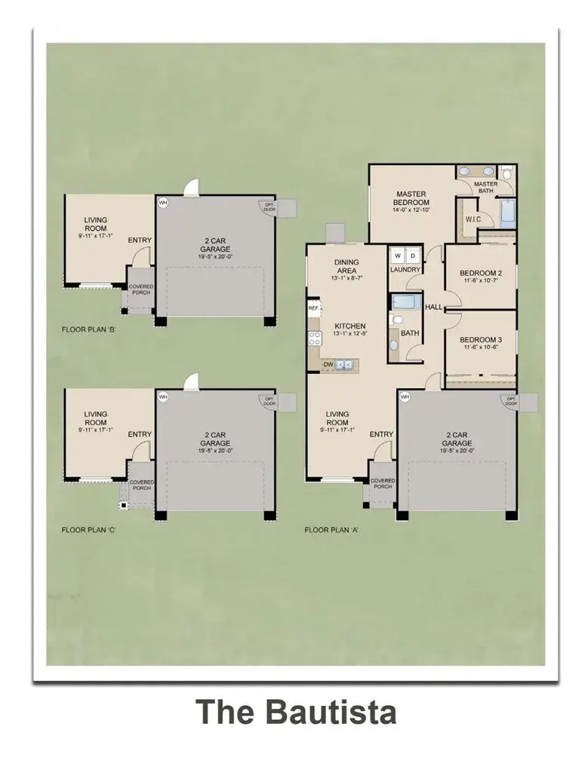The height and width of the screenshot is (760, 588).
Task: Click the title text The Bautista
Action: (296, 712)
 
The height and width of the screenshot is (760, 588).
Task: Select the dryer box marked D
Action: (412, 255)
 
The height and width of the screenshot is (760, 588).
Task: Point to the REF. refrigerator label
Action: (313, 308)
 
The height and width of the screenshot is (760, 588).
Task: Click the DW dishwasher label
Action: (328, 364)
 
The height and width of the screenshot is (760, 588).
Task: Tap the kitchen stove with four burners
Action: (314, 338)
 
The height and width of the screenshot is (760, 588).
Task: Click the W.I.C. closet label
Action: (473, 219)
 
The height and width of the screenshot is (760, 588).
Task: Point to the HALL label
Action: (433, 307)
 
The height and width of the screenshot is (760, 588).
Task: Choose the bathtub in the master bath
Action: (508, 213)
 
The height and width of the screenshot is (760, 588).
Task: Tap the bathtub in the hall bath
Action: (406, 302)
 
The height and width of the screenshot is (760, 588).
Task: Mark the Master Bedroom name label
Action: (411, 198)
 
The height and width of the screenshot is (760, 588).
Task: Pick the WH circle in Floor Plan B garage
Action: (162, 202)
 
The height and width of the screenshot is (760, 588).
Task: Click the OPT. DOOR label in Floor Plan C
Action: (267, 401)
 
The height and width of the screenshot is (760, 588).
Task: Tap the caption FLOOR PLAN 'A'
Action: (331, 530)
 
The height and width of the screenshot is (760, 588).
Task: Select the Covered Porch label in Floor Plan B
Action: (141, 290)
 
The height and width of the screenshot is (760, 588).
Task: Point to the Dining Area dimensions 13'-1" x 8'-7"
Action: (346, 278)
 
